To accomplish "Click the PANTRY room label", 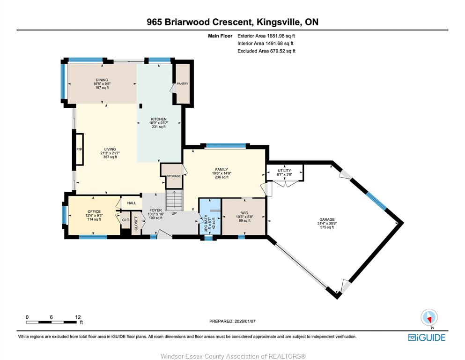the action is [x=182, y=84].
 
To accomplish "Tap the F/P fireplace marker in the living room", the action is [x=79, y=150].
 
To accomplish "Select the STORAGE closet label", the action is [x=173, y=176].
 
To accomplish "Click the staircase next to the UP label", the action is [x=174, y=201].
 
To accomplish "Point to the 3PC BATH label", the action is [x=206, y=223].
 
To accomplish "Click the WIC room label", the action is [x=244, y=213].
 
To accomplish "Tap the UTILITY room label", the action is [x=284, y=171].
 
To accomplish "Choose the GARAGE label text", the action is [x=327, y=220].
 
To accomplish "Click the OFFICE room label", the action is [x=94, y=211].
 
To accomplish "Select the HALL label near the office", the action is [x=132, y=203].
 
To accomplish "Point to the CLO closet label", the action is [x=126, y=220].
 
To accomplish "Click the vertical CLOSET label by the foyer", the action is [x=136, y=224].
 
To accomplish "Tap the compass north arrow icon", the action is [x=429, y=317].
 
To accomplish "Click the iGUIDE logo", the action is [x=427, y=337].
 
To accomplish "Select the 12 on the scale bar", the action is [x=78, y=317].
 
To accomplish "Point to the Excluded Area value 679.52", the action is [x=276, y=51].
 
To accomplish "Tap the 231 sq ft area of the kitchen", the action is [x=159, y=127].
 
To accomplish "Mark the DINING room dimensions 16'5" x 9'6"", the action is [x=102, y=84].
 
